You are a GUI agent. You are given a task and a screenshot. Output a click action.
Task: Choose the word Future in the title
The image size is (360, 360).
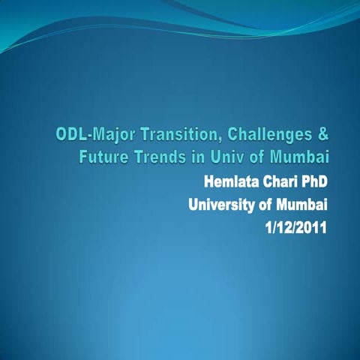pos(104,158)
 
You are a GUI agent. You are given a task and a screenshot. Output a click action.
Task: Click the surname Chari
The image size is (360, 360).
pos(283,182)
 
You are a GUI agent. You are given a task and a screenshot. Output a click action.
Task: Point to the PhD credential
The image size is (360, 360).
pos(316,182)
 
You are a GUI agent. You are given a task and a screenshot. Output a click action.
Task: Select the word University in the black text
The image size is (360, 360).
pos(220,205)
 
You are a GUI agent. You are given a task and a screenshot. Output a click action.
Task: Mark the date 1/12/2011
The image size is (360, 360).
pos(297,227)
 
